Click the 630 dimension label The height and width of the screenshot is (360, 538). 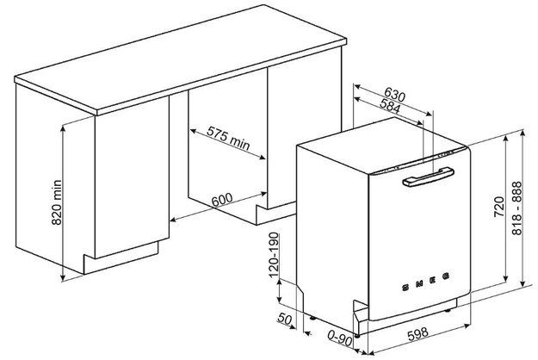[394, 95]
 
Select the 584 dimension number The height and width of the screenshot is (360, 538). [390, 106]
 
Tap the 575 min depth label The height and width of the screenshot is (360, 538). [228, 138]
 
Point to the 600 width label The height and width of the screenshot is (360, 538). [221, 200]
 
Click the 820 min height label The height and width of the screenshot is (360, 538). [57, 202]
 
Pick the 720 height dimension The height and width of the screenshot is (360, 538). [499, 207]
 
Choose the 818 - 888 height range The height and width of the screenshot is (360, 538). [516, 208]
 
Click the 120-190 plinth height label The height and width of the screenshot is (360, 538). [274, 255]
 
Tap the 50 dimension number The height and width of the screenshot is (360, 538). [284, 319]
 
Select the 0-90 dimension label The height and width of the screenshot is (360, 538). [340, 338]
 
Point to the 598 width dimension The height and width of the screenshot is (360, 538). [417, 334]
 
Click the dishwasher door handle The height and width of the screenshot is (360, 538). [429, 177]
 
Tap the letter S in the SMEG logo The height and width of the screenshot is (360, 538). [405, 288]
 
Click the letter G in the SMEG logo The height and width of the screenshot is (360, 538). [446, 276]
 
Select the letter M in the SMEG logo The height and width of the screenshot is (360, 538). [419, 283]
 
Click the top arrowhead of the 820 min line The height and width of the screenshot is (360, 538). [63, 127]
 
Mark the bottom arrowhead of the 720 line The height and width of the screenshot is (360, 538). [505, 279]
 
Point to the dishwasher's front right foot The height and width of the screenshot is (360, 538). [448, 310]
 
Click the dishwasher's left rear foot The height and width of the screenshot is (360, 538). [312, 318]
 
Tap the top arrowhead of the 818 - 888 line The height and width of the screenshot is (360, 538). [522, 132]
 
